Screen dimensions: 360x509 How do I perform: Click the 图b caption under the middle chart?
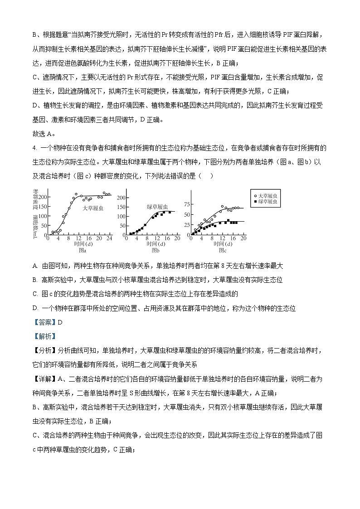point(155,250)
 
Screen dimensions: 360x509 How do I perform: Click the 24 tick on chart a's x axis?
point(109,238)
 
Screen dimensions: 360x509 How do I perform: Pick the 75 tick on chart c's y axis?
point(187,204)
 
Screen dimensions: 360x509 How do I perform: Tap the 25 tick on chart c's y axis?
point(187,225)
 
